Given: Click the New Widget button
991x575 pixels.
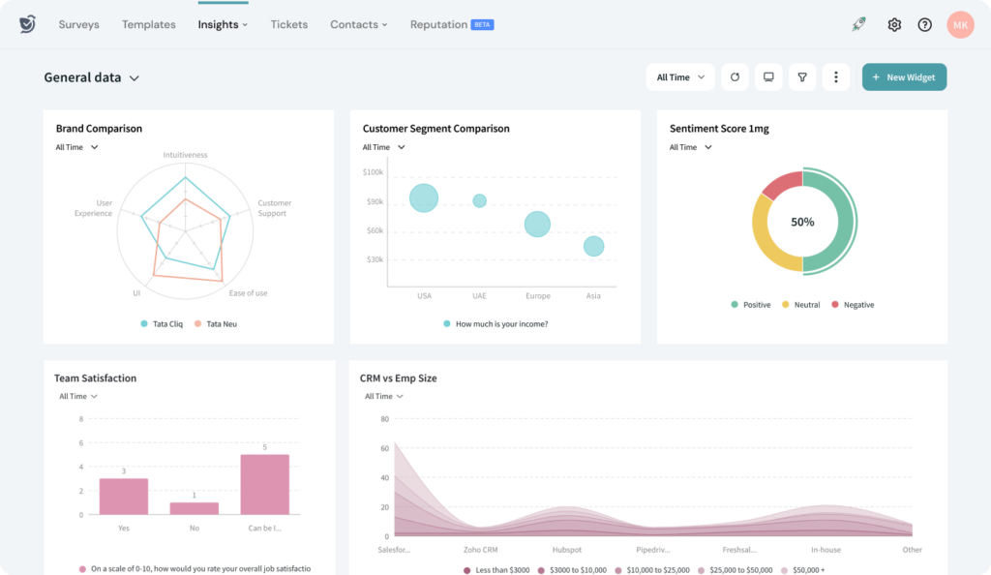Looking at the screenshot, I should point(904,77).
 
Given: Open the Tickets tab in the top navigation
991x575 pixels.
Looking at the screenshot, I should point(289,24).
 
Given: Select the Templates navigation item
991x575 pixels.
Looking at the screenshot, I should point(148,24).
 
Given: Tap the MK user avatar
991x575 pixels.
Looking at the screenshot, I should point(960,25).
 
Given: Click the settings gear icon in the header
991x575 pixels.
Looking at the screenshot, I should point(894,25).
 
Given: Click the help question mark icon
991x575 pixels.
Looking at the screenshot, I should point(924,25).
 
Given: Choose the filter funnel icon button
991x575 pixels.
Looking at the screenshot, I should point(801,77).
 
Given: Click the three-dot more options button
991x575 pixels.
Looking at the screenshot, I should point(835,77).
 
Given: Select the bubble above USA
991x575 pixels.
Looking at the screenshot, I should point(424,198).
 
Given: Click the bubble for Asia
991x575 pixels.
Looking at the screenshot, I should point(593,247).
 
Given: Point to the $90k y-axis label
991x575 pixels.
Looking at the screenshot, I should point(374,201).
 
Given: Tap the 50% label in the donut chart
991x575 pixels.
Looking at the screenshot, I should point(802,222).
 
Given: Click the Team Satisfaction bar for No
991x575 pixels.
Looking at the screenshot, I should point(195,507).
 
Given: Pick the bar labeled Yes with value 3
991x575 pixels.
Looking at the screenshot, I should point(124,496).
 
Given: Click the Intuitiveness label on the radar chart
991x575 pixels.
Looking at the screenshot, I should point(185,155).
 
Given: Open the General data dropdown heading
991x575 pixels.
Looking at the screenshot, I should point(92,77).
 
